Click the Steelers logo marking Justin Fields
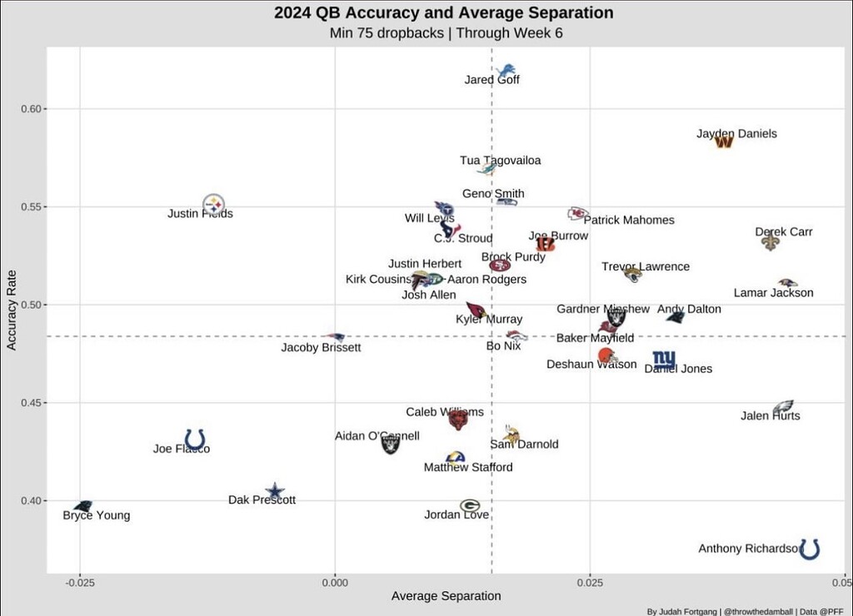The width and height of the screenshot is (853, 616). pos(214,204)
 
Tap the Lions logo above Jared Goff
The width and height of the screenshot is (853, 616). pos(506,71)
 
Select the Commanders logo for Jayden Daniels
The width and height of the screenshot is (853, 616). pos(724,142)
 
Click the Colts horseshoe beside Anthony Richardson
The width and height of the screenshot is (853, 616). pos(809,549)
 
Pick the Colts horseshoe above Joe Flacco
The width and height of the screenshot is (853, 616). pos(195,439)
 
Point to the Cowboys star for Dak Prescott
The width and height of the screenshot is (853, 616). pos(275,492)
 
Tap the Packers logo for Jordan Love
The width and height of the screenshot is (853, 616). pos(470,505)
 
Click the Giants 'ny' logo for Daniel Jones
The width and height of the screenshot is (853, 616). pos(664,360)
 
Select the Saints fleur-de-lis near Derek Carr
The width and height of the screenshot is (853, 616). pos(771,242)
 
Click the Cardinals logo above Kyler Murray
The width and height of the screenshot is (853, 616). pos(476,310)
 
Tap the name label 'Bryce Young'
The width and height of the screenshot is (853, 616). pos(97,516)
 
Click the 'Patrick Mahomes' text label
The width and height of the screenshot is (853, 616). pos(629,221)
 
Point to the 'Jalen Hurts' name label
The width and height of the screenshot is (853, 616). pos(770,416)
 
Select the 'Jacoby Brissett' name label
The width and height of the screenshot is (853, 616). pos(321,348)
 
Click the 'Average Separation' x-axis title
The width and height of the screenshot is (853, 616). pos(446,596)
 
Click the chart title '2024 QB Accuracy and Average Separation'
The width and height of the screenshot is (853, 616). pos(443,13)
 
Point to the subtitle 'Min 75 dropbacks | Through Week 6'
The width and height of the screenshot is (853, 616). pos(443,34)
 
